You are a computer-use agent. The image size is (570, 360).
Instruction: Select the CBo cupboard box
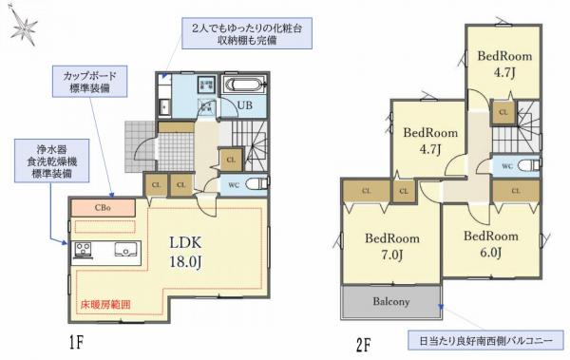[x=102, y=205]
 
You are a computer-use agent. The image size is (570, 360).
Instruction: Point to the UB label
[x=243, y=105]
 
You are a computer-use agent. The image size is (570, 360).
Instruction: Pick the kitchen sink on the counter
[x=124, y=251]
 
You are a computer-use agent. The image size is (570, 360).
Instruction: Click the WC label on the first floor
[x=233, y=184]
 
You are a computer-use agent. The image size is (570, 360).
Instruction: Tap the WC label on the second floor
[x=507, y=165]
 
